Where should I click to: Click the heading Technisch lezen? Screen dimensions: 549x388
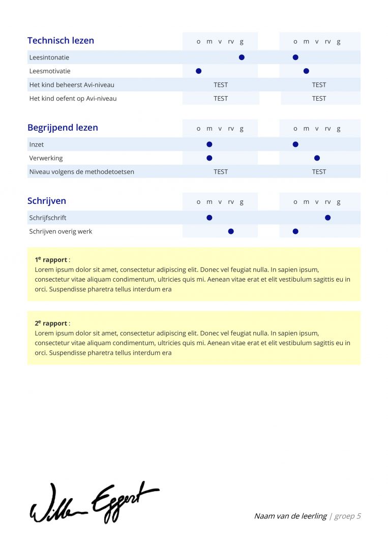pyautogui.click(x=61, y=41)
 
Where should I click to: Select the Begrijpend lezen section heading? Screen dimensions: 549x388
pyautogui.click(x=63, y=128)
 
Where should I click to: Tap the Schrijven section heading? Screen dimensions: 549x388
pyautogui.click(x=47, y=201)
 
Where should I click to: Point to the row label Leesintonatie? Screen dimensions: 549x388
pyautogui.click(x=49, y=57)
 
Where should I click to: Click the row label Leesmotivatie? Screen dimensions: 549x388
pyautogui.click(x=50, y=71)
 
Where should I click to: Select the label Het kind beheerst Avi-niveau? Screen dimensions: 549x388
pyautogui.click(x=72, y=85)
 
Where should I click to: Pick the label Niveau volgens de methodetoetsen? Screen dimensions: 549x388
pyautogui.click(x=82, y=172)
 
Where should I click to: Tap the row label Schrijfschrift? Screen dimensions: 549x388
pyautogui.click(x=48, y=218)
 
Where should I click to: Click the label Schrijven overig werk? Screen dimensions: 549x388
pyautogui.click(x=61, y=231)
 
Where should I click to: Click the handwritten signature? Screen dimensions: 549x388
pyautogui.click(x=94, y=503)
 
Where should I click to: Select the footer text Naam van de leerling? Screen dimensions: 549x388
pyautogui.click(x=290, y=516)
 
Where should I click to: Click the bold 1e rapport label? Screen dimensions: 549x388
pyautogui.click(x=51, y=260)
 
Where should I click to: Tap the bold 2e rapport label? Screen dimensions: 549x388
pyautogui.click(x=51, y=323)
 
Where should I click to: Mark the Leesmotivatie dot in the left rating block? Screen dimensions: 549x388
pyautogui.click(x=199, y=71)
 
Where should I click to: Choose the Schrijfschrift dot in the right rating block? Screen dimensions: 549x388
pyautogui.click(x=327, y=218)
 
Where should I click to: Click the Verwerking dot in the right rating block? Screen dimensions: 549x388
pyautogui.click(x=317, y=158)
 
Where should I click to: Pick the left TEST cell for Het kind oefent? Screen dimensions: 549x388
pyautogui.click(x=221, y=99)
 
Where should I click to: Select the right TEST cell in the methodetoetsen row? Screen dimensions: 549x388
pyautogui.click(x=319, y=172)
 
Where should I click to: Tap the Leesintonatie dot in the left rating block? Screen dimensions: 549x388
pyautogui.click(x=242, y=57)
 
